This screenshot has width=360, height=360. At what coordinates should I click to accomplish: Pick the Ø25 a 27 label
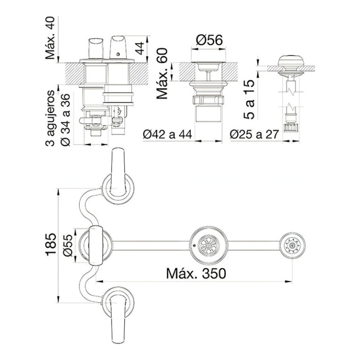coord(255,135)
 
